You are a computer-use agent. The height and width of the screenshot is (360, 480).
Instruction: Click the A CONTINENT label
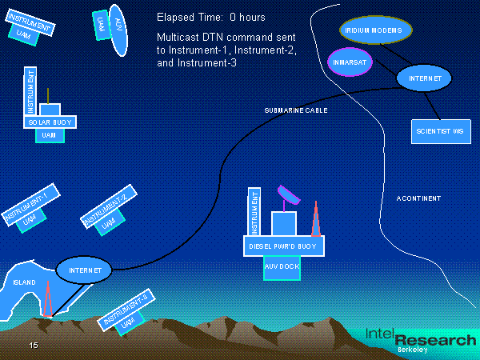[418, 198]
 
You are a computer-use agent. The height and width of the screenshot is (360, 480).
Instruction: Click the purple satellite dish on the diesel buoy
[286, 194]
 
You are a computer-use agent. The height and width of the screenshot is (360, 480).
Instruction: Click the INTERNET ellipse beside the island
[85, 270]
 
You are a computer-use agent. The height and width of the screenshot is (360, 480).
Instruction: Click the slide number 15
[34, 345]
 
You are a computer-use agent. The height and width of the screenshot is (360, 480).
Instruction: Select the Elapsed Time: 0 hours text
[211, 17]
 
